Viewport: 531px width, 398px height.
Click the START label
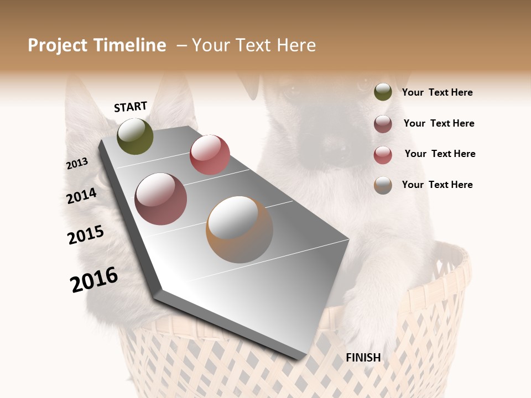[x=131, y=107]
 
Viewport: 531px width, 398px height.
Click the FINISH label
[x=363, y=358]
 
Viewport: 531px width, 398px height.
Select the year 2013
[x=77, y=164]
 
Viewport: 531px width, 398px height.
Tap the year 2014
[x=81, y=196]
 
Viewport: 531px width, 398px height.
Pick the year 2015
[x=86, y=235]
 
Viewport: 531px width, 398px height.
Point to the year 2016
[x=94, y=280]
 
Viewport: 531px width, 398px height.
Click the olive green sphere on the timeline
[x=135, y=136]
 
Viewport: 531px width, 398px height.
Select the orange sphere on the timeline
[x=240, y=229]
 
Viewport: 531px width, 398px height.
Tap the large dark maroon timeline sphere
[x=160, y=199]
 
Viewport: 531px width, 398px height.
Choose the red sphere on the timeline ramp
[x=210, y=155]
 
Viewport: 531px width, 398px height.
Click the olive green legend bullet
[x=383, y=92]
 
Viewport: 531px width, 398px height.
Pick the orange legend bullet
[x=383, y=185]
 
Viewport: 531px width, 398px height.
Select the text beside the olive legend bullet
[x=437, y=93]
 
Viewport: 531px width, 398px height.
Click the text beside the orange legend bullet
[x=437, y=185]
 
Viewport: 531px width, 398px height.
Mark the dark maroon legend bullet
[x=383, y=124]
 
